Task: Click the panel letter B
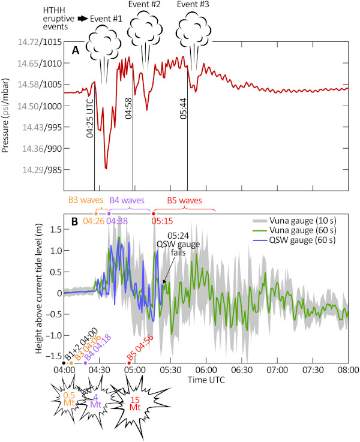(x=74, y=222)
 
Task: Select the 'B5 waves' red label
(x=185, y=200)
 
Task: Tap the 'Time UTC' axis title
(x=205, y=380)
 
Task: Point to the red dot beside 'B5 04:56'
(x=129, y=363)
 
